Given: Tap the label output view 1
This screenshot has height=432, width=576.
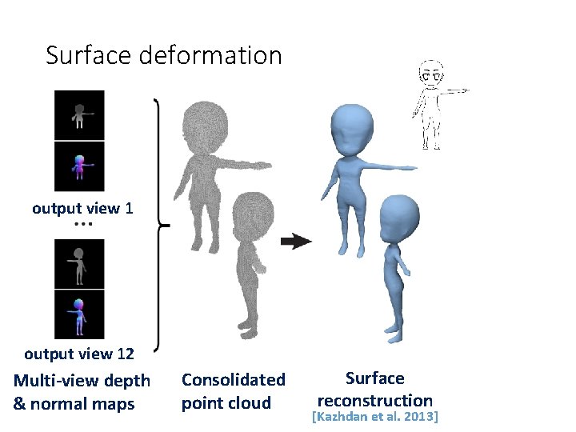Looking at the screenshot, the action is pyautogui.click(x=82, y=209).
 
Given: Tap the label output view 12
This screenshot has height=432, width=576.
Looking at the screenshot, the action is pyautogui.click(x=79, y=354).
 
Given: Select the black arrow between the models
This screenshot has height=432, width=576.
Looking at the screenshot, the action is pyautogui.click(x=296, y=242).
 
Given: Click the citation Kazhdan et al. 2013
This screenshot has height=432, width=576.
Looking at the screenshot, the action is pyautogui.click(x=375, y=418).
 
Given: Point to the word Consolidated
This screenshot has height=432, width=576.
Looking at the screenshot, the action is pyautogui.click(x=233, y=379).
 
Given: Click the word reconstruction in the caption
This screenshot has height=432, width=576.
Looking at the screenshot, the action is pyautogui.click(x=375, y=400).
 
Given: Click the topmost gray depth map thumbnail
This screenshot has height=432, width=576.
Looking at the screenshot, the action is pyautogui.click(x=79, y=115).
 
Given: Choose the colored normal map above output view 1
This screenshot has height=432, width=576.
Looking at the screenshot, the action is pyautogui.click(x=79, y=167).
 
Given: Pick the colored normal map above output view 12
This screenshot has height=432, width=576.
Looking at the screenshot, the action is pyautogui.click(x=79, y=314).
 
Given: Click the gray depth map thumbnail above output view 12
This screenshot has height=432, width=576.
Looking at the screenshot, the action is pyautogui.click(x=79, y=264).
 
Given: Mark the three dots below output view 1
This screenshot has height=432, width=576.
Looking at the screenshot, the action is pyautogui.click(x=83, y=225).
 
